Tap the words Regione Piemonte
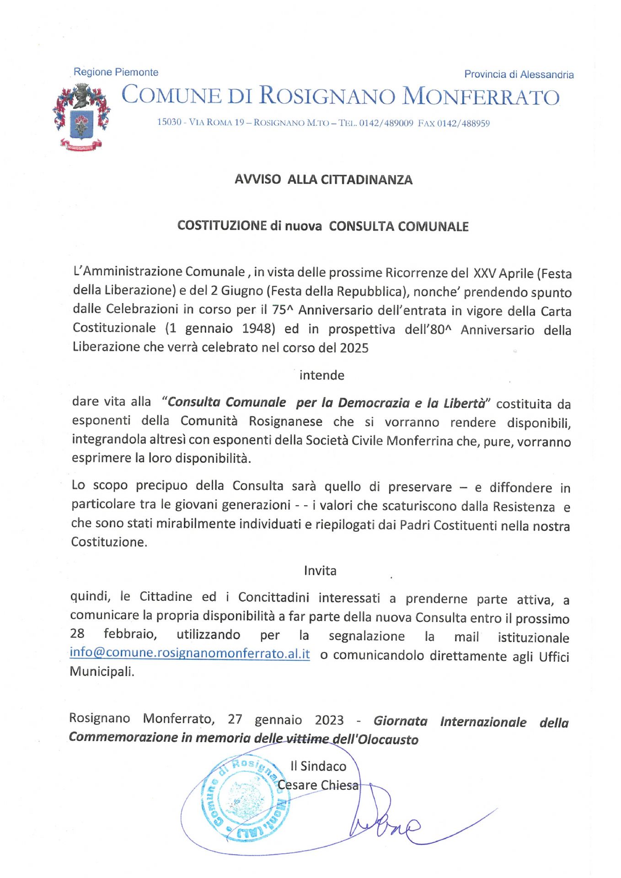tap(116, 72)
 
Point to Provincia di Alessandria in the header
tap(519, 75)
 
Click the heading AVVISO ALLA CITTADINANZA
tap(323, 179)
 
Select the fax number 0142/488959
tap(463, 123)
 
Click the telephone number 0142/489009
tap(386, 123)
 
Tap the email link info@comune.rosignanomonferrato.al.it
tap(189, 653)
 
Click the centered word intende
tap(321, 375)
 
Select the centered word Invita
tap(320, 571)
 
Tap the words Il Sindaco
tap(318, 766)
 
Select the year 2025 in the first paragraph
tap(354, 348)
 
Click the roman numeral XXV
tap(484, 273)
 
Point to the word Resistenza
tap(524, 507)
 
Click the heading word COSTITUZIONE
tap(222, 225)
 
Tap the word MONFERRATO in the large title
tap(481, 96)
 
